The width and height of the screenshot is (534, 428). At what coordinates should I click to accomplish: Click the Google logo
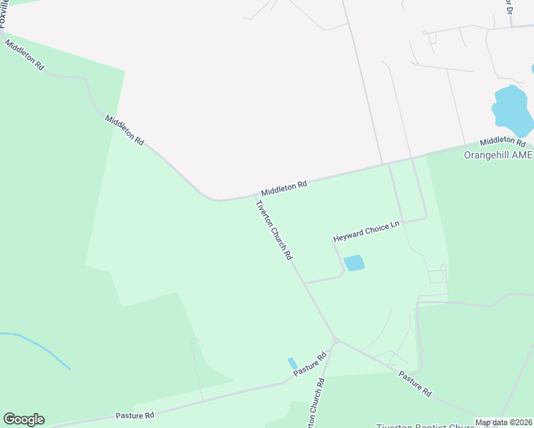[x=24, y=419]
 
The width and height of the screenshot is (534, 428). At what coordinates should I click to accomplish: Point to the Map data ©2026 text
[x=503, y=422]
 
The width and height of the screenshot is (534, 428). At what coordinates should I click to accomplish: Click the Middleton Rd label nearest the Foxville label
[x=25, y=55]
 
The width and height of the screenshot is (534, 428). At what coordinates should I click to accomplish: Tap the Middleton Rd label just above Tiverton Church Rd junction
[x=283, y=188]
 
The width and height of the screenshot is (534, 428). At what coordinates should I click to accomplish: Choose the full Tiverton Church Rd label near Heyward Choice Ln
[x=274, y=229]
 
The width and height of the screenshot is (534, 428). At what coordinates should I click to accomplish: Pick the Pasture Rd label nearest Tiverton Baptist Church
[x=415, y=383]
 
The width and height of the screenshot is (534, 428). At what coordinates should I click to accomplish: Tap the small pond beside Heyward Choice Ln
[x=354, y=263]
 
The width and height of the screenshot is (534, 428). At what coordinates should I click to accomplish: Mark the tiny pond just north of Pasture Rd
[x=292, y=363]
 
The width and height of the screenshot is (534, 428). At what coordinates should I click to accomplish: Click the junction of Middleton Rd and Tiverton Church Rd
[x=255, y=195]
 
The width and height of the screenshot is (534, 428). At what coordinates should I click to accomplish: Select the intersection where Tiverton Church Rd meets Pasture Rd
[x=334, y=341]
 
